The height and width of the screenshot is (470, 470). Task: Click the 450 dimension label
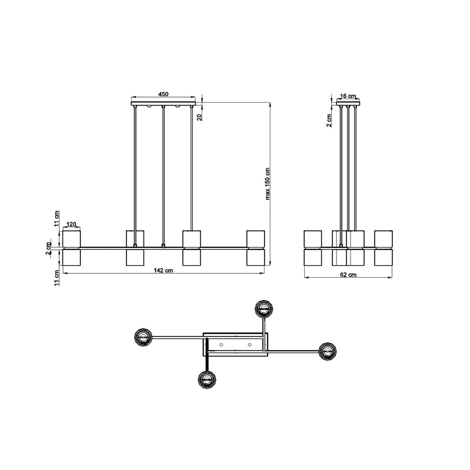click(163, 94)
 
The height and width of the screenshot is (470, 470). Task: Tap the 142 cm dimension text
click(163, 270)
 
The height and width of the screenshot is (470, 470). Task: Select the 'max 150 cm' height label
click(267, 184)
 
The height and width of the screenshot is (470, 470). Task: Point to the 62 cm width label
click(348, 275)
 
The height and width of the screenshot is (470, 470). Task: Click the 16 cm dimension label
click(348, 96)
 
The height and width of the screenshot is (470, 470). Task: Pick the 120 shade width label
click(71, 224)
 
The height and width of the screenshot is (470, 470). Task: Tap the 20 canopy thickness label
click(200, 117)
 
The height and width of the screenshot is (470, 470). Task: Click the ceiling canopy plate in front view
click(163, 104)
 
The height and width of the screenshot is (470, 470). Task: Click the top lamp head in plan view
click(264, 308)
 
